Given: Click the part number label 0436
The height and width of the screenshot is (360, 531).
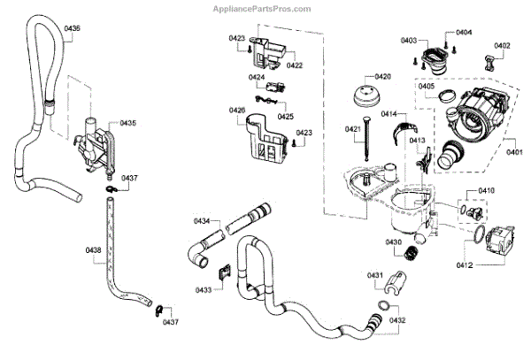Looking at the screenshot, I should click(71, 29).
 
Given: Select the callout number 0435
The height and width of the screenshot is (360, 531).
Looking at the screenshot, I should click(127, 122).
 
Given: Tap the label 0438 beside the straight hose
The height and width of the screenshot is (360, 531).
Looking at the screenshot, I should click(93, 250).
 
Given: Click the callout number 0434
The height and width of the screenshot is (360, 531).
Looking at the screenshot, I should click(203, 220).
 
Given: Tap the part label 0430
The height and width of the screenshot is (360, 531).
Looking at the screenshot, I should click(393, 241).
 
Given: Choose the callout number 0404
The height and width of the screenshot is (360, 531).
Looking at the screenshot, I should click(464, 33).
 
